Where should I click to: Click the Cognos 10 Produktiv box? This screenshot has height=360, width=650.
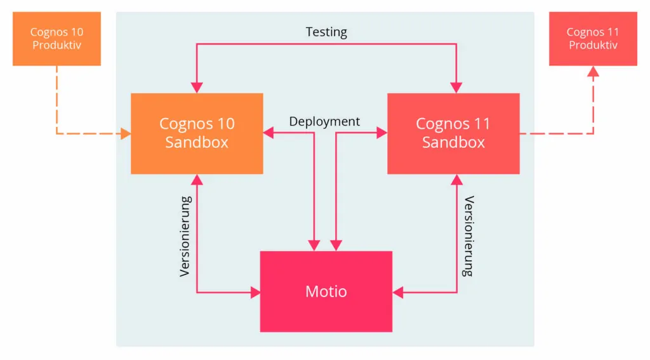pos(56,39)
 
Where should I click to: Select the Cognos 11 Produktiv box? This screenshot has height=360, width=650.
pos(593,39)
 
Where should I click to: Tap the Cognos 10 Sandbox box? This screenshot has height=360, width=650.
pos(197,133)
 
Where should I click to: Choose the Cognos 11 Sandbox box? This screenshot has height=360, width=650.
pos(453,133)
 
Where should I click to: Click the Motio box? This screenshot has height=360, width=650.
pos(326,291)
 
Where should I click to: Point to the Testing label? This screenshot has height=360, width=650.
pos(326,32)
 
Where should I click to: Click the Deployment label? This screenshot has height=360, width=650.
pos(324,121)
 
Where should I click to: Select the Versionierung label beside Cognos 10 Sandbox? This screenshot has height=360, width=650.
pos(185,236)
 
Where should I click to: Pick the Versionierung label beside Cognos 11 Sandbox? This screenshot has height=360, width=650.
pos(468,236)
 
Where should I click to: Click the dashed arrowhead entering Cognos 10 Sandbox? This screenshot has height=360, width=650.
pos(126,134)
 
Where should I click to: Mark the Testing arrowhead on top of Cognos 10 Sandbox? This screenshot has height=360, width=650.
pos(197,88)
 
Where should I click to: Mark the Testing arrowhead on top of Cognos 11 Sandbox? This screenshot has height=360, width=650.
pos(456,88)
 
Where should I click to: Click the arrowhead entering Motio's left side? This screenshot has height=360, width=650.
pos(255,293)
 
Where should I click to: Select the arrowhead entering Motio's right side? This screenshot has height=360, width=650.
pos(397,293)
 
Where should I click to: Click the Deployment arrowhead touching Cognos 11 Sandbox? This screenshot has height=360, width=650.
pos(382,133)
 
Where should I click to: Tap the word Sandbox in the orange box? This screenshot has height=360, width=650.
pos(197,142)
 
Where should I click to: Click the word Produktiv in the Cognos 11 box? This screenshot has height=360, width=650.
pos(593,46)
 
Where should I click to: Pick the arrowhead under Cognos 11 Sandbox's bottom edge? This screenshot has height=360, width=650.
pos(456,180)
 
